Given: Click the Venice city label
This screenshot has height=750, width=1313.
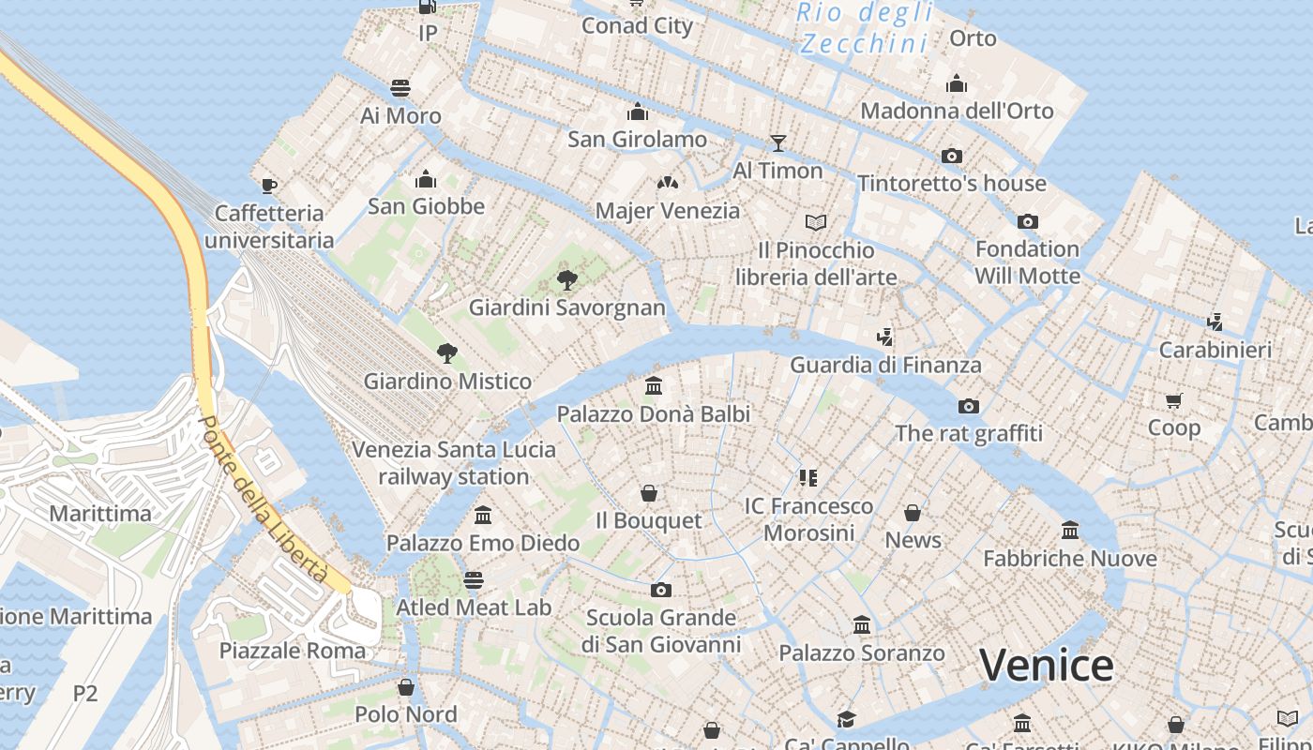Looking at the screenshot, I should tap(1047, 665).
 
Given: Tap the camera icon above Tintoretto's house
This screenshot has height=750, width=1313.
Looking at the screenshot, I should tap(952, 156).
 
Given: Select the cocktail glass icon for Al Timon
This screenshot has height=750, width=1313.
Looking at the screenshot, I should tap(777, 142).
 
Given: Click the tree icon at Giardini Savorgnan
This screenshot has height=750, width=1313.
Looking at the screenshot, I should tap(566, 279).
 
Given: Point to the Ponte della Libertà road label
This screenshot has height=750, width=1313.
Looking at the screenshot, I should tap(264, 499).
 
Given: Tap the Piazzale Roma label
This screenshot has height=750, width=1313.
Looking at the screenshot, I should tap(293, 650).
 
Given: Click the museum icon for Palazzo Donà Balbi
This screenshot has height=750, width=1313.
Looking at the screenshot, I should tap(654, 385).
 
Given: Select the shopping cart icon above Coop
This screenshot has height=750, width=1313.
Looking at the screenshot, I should tap(1173, 400).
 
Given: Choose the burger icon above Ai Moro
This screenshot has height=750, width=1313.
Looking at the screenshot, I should tap(400, 88).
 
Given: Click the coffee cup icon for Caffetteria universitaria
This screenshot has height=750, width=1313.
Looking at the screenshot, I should tap(269, 186).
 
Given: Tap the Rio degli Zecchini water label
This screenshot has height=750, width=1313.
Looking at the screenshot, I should tap(865, 28).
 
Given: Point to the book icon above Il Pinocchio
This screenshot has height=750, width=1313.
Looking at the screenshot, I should tap(816, 222).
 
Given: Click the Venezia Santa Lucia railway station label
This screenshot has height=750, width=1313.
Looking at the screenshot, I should tap(454, 462).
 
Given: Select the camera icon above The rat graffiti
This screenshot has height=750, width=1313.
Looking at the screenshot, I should tap(969, 406).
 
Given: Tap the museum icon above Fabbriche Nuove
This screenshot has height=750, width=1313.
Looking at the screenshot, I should tap(1070, 531).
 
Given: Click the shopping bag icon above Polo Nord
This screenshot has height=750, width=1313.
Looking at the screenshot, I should tap(406, 687).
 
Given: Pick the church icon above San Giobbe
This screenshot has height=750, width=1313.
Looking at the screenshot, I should tap(426, 178).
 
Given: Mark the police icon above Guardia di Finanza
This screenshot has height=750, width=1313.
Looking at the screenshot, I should tap(884, 337).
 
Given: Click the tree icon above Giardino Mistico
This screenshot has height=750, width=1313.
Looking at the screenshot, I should tap(447, 353).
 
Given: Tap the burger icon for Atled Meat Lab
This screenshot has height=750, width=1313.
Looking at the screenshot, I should tap(474, 579).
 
